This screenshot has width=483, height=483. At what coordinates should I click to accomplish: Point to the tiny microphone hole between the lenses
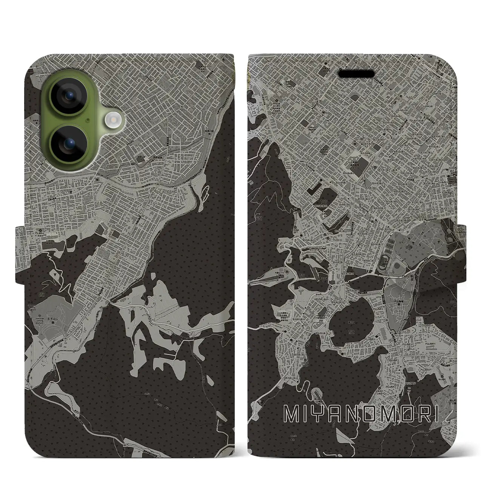tap(88, 120)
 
